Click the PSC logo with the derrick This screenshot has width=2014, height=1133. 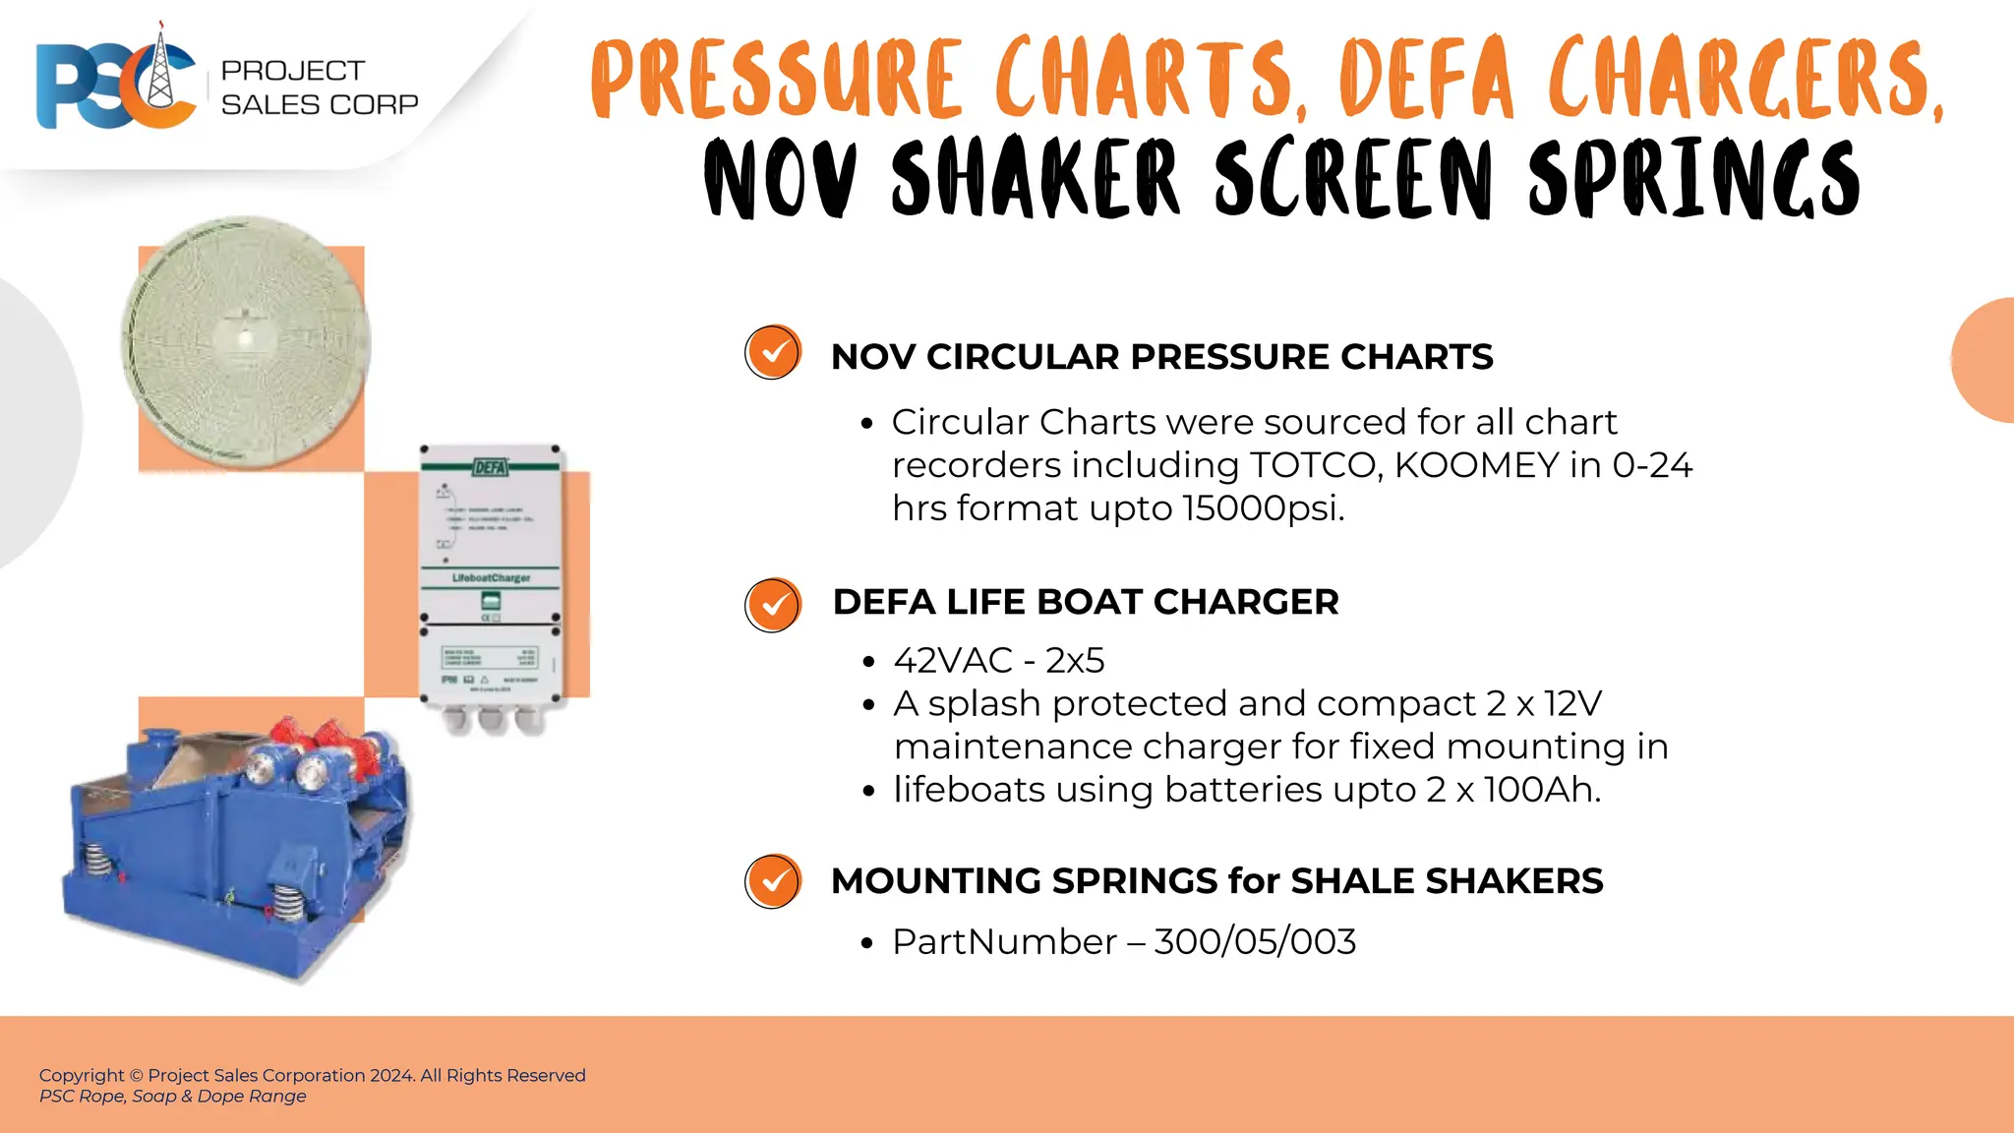[116, 81]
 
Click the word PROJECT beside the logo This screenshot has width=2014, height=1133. [292, 71]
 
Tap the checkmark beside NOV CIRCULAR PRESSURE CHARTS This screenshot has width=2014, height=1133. [773, 352]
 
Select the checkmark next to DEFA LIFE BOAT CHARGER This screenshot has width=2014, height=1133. [773, 604]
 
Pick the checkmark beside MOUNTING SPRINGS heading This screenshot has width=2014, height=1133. [773, 880]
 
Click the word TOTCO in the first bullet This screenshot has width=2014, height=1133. [1312, 465]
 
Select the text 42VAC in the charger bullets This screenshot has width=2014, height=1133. [953, 661]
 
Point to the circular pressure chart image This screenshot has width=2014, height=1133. [246, 341]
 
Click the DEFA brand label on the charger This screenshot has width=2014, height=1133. [490, 466]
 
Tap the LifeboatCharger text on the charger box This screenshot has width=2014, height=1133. [491, 577]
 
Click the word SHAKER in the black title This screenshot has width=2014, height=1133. [1034, 179]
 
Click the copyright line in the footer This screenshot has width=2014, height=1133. [312, 1075]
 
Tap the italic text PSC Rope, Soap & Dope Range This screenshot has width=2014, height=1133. [173, 1097]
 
